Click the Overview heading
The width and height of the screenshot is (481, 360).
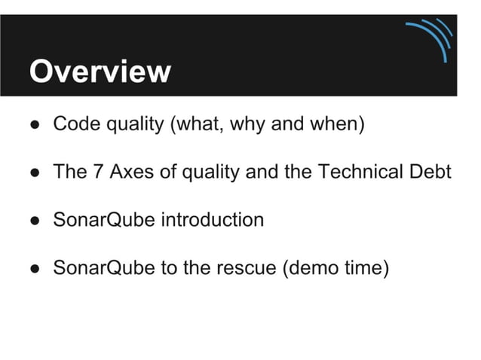[100, 72]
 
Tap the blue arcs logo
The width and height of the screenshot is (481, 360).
[432, 38]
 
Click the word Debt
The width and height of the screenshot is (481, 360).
[431, 172]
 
